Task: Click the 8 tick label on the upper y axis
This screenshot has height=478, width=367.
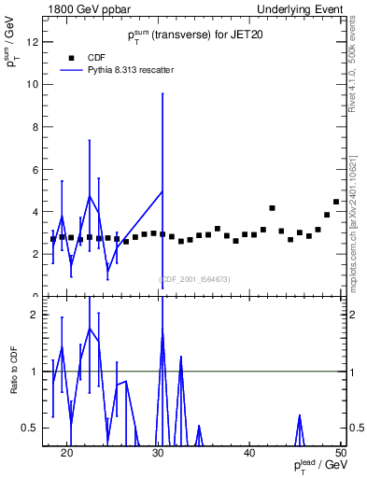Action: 35,127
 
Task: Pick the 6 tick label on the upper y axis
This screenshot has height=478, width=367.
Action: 35,169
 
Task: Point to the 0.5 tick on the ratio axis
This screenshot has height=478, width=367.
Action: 31,428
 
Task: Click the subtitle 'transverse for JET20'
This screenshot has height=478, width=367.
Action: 192,36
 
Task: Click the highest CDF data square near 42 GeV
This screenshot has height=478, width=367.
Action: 272,208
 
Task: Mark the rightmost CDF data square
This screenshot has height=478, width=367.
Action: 336,202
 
